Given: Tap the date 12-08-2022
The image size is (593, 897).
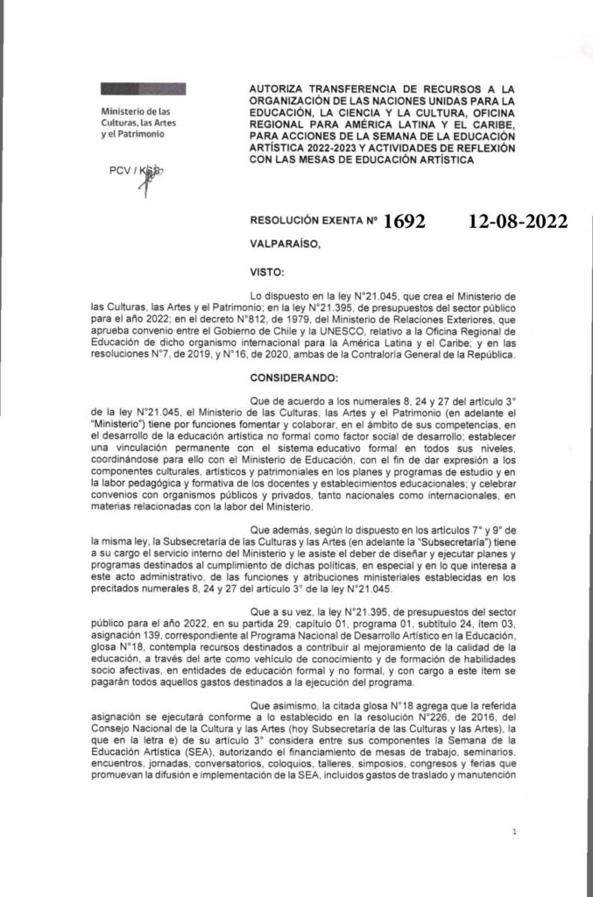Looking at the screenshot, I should [x=518, y=222].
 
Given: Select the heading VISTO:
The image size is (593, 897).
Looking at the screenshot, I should [x=269, y=272].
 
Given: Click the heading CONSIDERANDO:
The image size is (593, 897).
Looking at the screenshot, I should [x=300, y=376].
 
